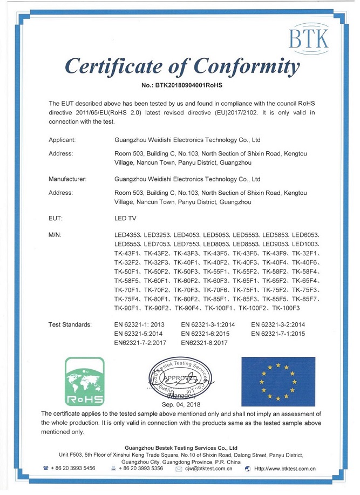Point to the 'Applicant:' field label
coord(62,140)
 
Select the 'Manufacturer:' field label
coord(67,179)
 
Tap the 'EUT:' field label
coord(56,218)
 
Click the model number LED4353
coord(127,235)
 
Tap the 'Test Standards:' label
coord(70,324)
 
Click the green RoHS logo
coord(84,381)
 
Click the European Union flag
coord(278,381)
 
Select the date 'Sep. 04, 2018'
coord(181,404)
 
